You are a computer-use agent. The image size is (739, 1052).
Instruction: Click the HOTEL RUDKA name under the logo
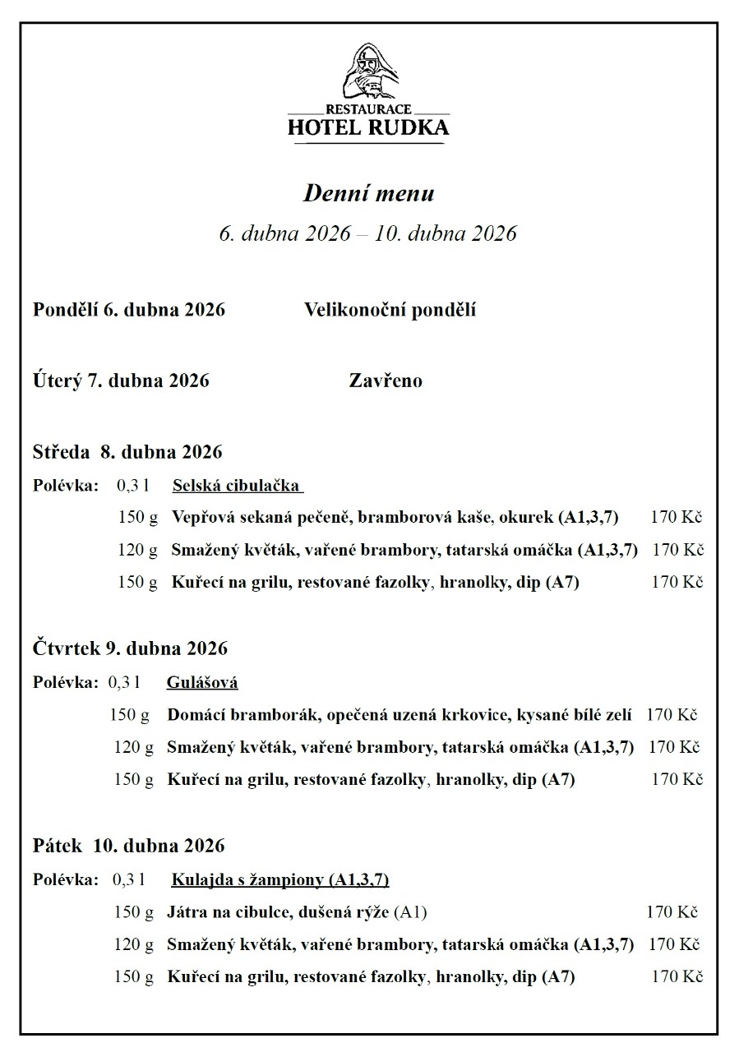(369, 127)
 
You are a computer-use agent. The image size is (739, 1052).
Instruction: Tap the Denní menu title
(369, 194)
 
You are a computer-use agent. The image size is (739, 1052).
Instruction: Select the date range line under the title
(367, 233)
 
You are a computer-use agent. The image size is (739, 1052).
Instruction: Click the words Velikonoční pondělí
(390, 310)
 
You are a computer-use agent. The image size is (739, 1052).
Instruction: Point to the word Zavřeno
(386, 381)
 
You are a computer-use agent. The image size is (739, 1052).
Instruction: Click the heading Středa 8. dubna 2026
(127, 452)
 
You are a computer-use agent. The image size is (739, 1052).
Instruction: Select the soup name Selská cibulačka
(237, 485)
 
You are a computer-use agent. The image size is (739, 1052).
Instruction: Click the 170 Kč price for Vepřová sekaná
(676, 518)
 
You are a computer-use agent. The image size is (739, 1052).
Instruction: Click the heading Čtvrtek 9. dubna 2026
(130, 648)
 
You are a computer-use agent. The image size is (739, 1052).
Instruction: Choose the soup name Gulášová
(202, 682)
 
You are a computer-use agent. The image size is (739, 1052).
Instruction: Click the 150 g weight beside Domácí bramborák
(129, 715)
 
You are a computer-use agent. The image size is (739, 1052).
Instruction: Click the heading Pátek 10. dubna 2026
(129, 846)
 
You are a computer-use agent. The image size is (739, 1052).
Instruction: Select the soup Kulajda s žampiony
(279, 880)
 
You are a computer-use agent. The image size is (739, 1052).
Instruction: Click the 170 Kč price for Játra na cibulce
(672, 912)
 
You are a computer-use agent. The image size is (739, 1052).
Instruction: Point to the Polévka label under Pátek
(66, 880)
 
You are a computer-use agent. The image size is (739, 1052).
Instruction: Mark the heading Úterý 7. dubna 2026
(121, 381)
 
